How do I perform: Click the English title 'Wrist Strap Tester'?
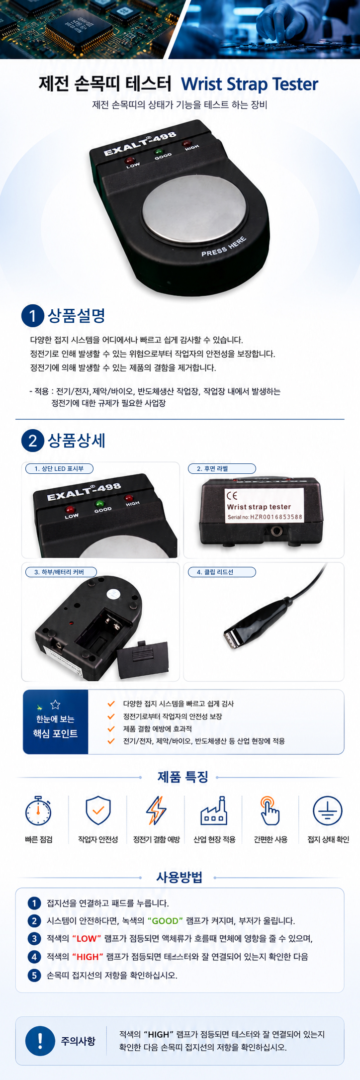tap(250, 84)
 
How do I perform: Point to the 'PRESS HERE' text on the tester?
tap(224, 247)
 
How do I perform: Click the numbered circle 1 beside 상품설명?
tap(33, 316)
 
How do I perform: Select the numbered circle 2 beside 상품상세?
tap(33, 441)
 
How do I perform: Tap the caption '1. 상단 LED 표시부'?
tap(59, 468)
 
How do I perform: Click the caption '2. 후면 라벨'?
tap(222, 468)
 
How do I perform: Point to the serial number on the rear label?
tap(265, 517)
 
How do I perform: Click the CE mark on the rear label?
tap(232, 496)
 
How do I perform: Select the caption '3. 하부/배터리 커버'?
tap(61, 572)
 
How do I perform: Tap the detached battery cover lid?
tap(143, 660)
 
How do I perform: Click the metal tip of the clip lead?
tap(231, 640)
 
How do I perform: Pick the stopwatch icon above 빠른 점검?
tap(38, 810)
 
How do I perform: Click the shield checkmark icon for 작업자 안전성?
tap(98, 810)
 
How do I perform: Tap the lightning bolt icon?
tap(156, 810)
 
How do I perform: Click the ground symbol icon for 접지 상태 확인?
tap(328, 810)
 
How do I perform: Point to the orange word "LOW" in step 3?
tap(87, 939)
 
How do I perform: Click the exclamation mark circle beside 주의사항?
tap(40, 1041)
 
